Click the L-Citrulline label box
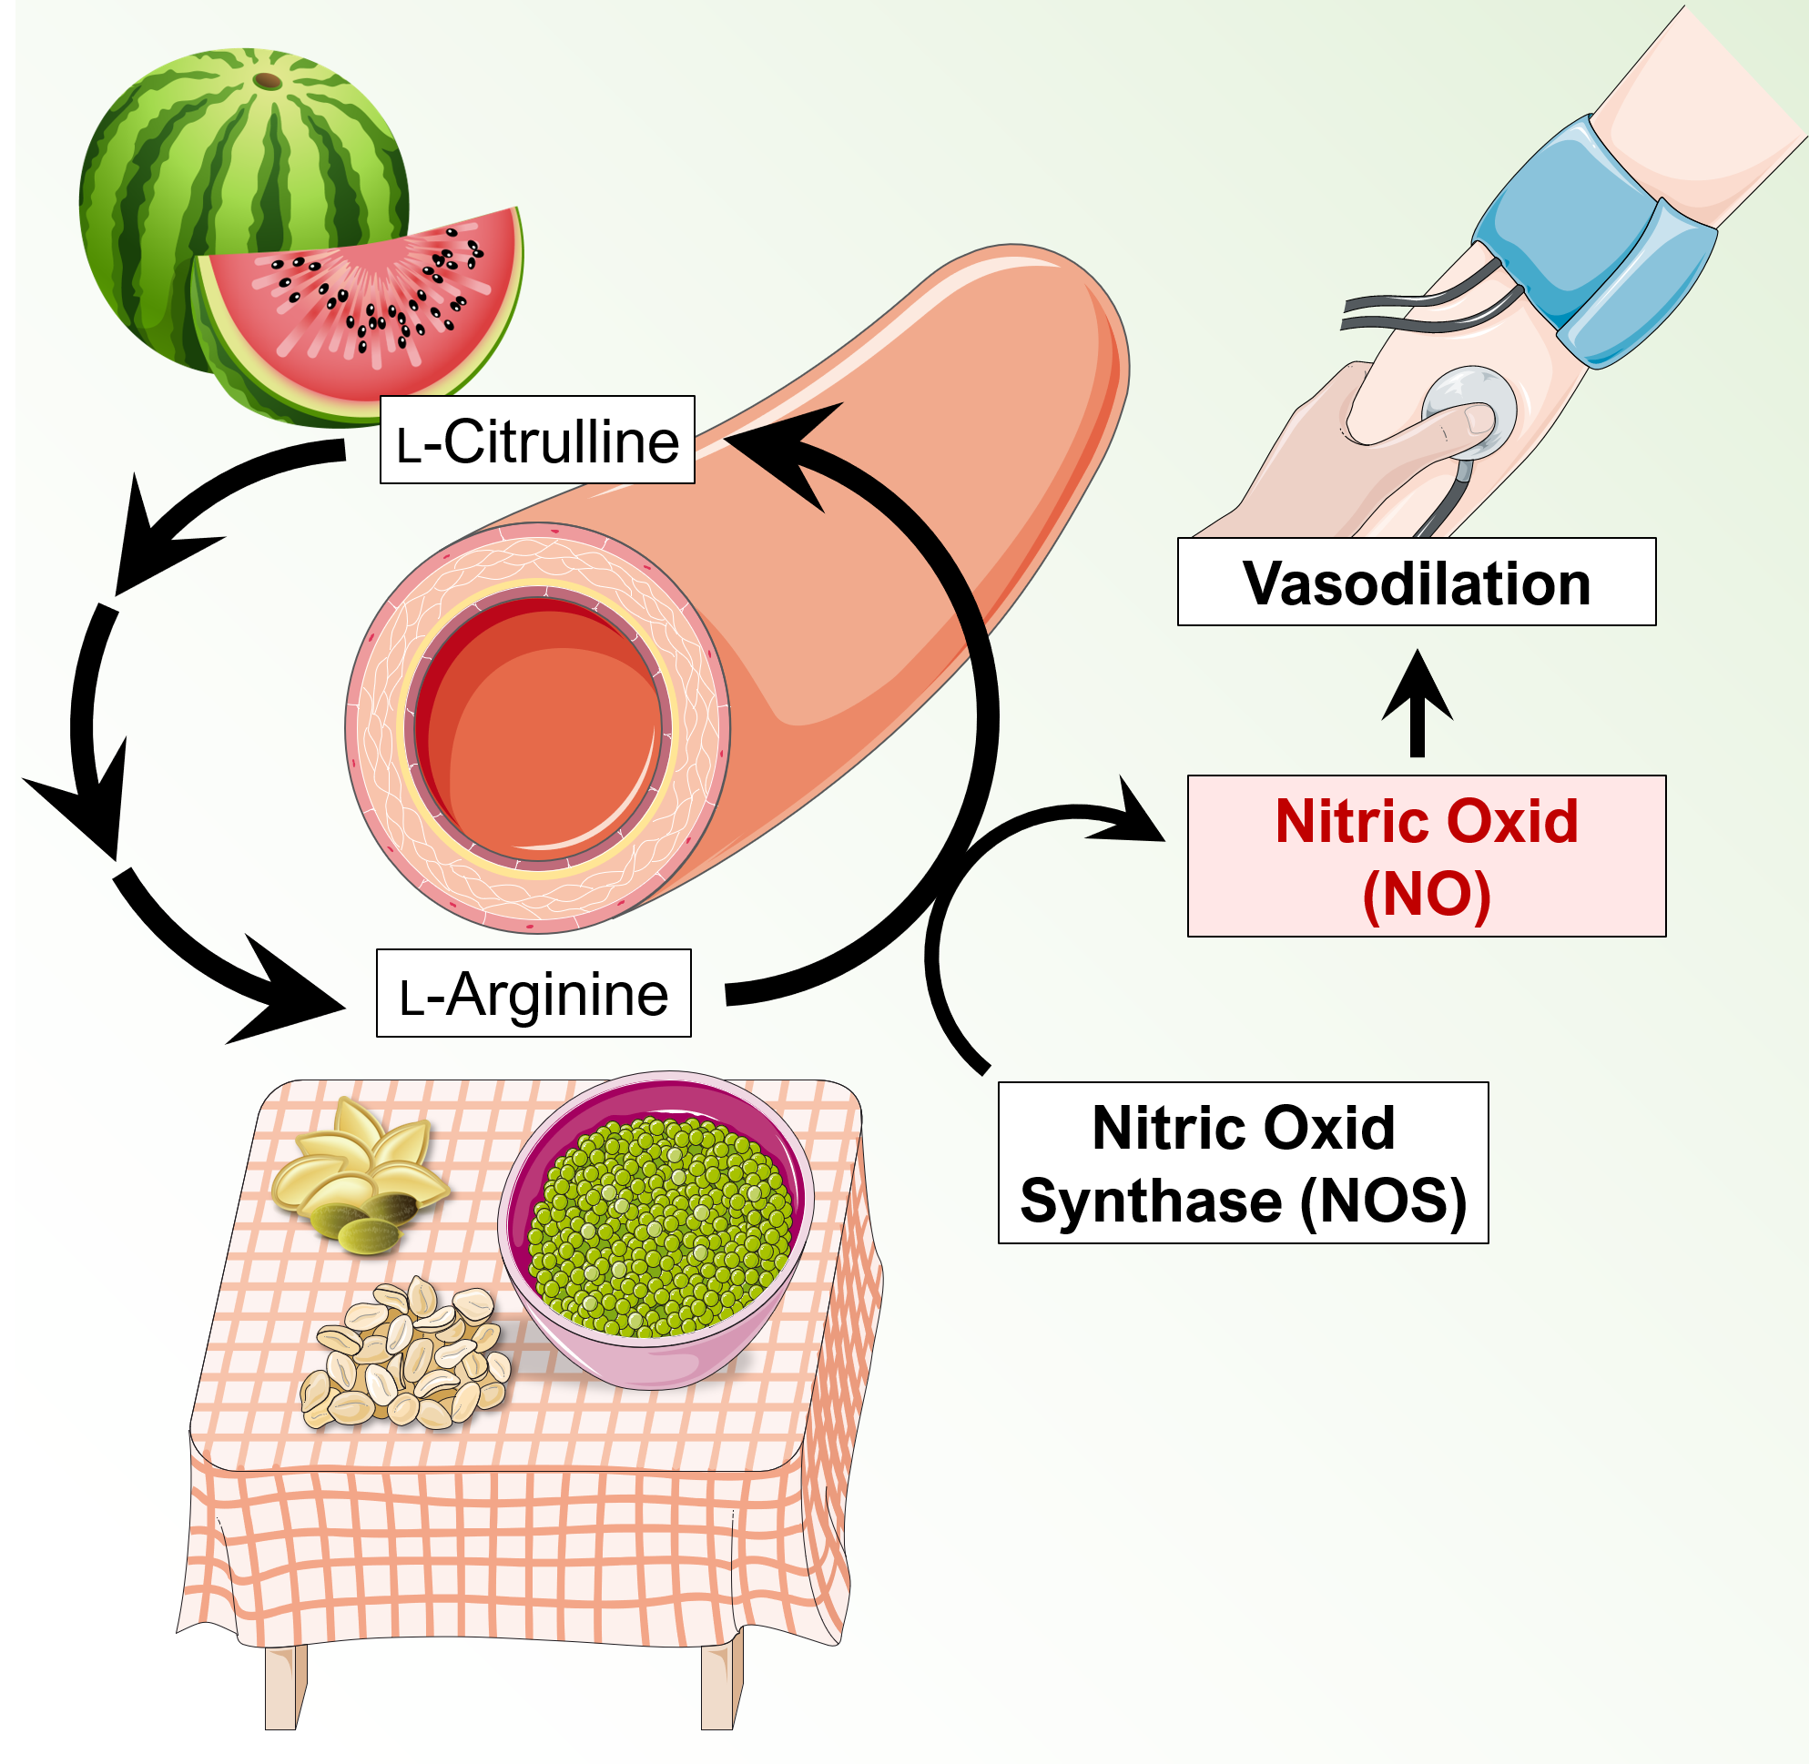536,440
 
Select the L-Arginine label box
533,993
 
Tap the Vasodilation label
1415,582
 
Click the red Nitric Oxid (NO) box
1427,856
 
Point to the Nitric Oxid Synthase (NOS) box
1242,1161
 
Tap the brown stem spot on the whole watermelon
268,82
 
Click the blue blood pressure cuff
1594,241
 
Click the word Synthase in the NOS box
1151,1201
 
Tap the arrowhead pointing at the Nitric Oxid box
1135,816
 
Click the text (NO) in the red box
1427,893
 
